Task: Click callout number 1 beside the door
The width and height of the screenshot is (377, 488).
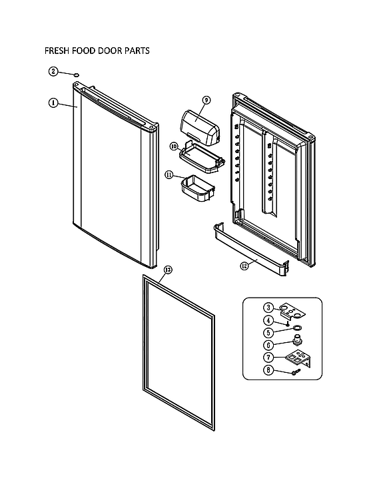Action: [x=53, y=103]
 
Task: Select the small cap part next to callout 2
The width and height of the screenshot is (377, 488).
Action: [x=77, y=73]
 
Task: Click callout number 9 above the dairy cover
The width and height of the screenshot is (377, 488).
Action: [x=206, y=101]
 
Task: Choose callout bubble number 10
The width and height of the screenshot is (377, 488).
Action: [x=173, y=145]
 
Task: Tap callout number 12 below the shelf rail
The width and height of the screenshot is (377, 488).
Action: [x=244, y=265]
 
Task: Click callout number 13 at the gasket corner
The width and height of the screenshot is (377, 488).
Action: [x=167, y=270]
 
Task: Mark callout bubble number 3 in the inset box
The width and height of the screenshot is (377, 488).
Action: [x=268, y=307]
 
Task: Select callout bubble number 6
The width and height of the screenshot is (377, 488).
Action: [x=268, y=345]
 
